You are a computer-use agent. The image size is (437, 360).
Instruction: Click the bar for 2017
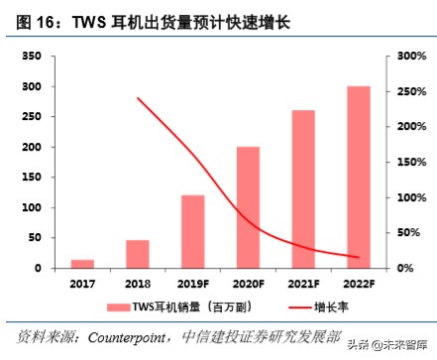(83, 264)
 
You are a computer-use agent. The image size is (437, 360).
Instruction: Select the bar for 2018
(138, 254)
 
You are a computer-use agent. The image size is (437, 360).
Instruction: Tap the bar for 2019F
(192, 231)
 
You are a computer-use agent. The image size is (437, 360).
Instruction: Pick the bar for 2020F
(248, 207)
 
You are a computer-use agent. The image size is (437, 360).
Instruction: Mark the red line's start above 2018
(138, 98)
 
